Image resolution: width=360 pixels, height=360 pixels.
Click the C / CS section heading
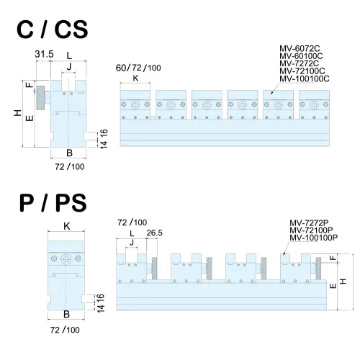53,30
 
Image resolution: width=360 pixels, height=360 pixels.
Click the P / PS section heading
53,203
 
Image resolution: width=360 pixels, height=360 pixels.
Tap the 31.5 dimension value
44,54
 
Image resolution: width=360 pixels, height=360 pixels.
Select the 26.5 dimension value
155,233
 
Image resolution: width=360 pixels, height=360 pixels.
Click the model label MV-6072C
300,48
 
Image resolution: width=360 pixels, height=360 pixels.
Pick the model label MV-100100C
305,78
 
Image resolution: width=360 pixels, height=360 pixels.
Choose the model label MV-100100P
314,238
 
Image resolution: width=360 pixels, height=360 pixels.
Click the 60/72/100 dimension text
138,68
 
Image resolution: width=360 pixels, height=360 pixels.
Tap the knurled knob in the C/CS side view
40,98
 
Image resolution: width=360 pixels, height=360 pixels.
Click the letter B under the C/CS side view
69,153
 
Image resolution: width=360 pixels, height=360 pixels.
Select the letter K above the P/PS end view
66,226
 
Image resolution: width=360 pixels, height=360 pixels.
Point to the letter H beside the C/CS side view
17,113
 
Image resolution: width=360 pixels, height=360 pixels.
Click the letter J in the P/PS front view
132,243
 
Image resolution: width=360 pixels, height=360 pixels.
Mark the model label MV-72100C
302,71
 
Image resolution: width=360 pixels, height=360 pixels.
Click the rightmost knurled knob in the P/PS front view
318,269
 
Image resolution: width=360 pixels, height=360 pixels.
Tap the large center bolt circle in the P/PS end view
66,258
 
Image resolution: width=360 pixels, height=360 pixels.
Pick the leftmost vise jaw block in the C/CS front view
135,104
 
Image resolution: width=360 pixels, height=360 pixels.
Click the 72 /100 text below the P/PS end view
65,330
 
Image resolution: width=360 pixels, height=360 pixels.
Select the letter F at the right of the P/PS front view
333,258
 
